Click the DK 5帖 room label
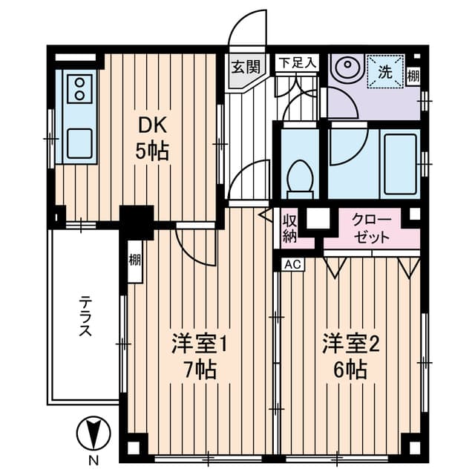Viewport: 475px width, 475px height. coord(152,139)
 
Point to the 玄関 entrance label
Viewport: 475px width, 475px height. coord(246,67)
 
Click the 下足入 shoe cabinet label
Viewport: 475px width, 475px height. coord(297,63)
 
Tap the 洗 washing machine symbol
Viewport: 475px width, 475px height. coord(386,71)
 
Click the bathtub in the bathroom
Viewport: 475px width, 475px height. coord(400,164)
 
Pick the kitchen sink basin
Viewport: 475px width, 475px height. coord(79,143)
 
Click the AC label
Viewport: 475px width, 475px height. coord(293,264)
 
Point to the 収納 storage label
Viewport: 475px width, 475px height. coord(289,229)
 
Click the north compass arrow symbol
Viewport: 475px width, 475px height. coord(94,433)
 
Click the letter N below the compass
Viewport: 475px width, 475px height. coord(94,462)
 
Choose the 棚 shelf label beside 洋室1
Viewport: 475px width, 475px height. coord(135,261)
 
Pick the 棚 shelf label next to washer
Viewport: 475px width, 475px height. coord(413,76)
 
